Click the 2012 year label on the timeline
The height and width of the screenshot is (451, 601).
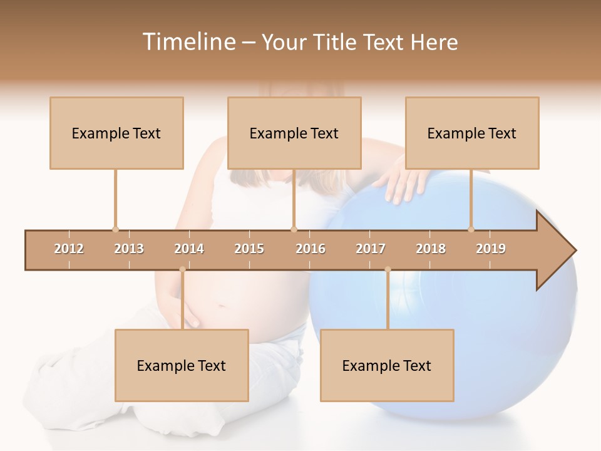click(x=69, y=249)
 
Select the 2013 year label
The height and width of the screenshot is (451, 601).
click(x=129, y=249)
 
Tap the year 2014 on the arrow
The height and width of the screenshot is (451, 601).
click(x=189, y=249)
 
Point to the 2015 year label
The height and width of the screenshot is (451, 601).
click(x=249, y=249)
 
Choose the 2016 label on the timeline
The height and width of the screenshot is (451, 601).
click(x=311, y=249)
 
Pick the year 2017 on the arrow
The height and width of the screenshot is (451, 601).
click(x=371, y=249)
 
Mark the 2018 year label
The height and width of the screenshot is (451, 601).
click(x=431, y=249)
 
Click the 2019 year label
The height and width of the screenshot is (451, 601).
click(x=491, y=249)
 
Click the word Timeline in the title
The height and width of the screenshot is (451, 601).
click(x=187, y=42)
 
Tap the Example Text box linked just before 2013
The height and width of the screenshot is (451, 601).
click(x=116, y=133)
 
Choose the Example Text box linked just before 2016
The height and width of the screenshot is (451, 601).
click(x=294, y=133)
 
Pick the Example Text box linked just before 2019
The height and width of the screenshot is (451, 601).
click(x=472, y=133)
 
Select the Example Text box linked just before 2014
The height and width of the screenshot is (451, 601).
click(x=182, y=365)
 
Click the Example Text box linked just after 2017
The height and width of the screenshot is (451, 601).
click(x=387, y=365)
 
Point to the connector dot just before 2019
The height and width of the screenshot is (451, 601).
click(x=471, y=229)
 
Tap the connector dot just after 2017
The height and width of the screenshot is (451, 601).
click(x=388, y=269)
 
